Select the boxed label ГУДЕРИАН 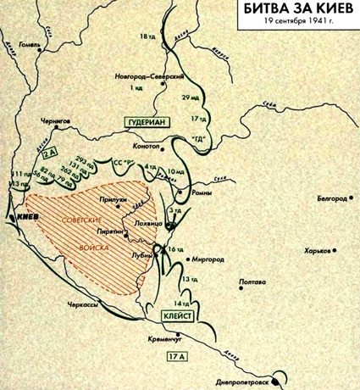click(x=148, y=121)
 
